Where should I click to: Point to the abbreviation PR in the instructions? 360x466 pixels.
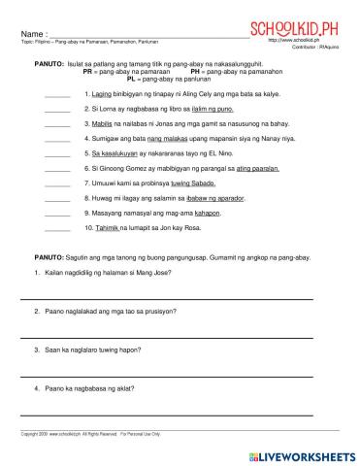pyautogui.click(x=88, y=72)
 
